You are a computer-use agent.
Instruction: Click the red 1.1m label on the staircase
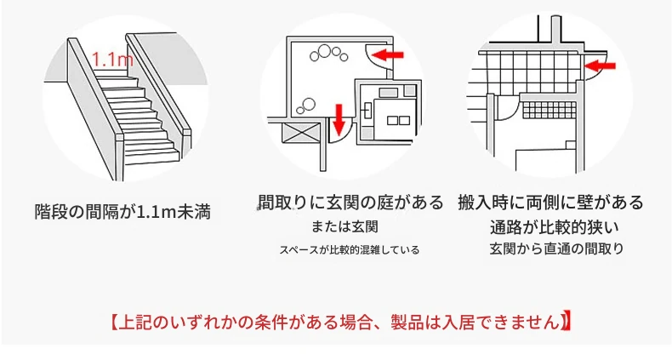(x=113, y=59)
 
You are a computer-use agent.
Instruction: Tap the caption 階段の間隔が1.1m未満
(x=122, y=212)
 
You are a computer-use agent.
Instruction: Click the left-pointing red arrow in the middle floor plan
(x=388, y=54)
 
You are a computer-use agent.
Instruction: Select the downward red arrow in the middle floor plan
(x=339, y=118)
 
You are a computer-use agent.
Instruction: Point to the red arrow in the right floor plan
(x=600, y=66)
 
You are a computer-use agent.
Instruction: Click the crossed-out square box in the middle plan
(x=300, y=132)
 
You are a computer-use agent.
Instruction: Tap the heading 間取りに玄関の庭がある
(x=350, y=203)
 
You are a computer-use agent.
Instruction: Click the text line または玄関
(x=345, y=226)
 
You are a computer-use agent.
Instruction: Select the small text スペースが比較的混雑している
(x=350, y=249)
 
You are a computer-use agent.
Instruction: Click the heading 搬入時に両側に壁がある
(x=550, y=203)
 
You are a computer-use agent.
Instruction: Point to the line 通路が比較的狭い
(x=555, y=227)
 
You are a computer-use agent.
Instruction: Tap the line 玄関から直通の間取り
(x=556, y=249)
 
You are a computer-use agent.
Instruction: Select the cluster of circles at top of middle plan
(x=328, y=53)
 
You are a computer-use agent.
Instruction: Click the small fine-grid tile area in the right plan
(x=549, y=111)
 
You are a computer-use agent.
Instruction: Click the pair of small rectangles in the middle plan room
(x=398, y=121)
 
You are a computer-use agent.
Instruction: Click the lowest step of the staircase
(x=152, y=157)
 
